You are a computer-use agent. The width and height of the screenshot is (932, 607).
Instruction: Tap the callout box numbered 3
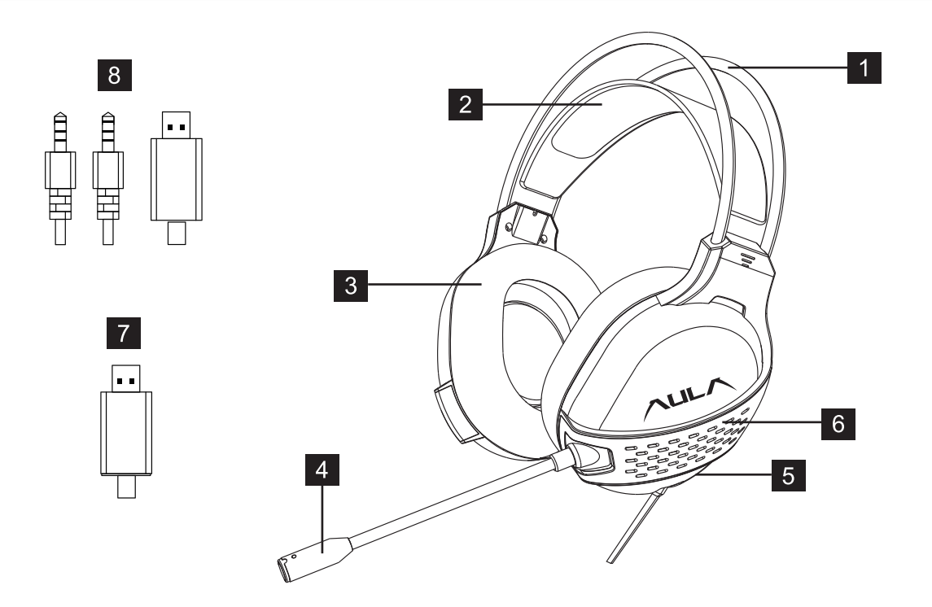point(348,286)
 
